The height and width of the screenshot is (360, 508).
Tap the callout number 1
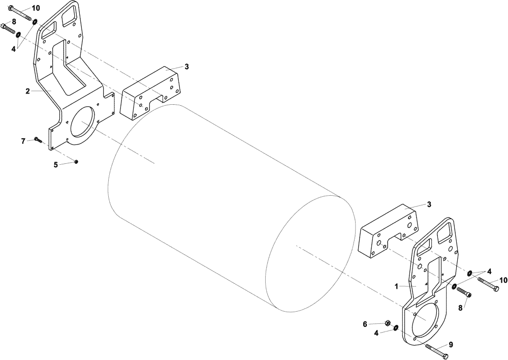[396, 286]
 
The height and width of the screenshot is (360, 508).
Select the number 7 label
[23, 140]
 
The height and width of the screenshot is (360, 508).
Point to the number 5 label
[56, 164]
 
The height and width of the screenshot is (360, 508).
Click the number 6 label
[365, 324]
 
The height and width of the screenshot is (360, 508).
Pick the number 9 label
[451, 344]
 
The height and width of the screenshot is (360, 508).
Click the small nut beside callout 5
[76, 162]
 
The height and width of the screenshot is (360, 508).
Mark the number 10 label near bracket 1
[503, 280]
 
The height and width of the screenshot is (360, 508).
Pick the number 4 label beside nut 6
[376, 333]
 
